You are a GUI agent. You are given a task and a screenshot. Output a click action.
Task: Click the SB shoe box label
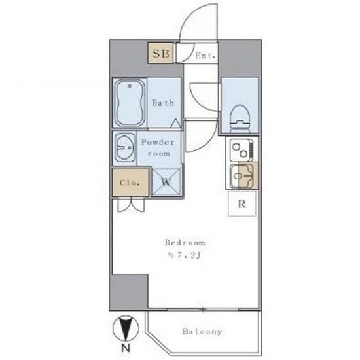[x=161, y=54]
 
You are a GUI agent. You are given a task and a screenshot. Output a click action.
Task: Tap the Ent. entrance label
[x=206, y=56]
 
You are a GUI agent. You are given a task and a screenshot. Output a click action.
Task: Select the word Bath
[x=163, y=103]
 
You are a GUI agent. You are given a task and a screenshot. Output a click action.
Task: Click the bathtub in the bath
[x=130, y=103]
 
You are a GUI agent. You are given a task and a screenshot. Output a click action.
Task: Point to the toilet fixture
[x=240, y=118]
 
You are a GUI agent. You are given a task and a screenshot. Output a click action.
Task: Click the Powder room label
[x=158, y=148]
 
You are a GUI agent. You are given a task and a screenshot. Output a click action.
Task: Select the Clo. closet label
[x=130, y=183]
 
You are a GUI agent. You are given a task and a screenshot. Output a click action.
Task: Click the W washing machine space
[x=166, y=182]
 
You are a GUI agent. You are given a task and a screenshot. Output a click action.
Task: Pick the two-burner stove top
[x=242, y=150]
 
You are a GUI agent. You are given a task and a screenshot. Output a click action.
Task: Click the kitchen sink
[x=242, y=176]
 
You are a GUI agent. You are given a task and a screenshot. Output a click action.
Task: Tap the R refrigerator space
[x=242, y=204]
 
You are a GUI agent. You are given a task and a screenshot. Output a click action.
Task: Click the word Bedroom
[x=185, y=243]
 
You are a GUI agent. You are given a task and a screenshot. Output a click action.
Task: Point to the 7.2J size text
[x=185, y=255]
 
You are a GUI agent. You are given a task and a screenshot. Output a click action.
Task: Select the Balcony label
[x=202, y=332]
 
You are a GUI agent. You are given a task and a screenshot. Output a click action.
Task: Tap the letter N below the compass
[x=126, y=348]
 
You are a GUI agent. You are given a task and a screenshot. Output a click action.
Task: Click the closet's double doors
[x=131, y=205]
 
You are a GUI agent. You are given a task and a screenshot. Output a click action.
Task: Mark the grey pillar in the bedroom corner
[x=129, y=292]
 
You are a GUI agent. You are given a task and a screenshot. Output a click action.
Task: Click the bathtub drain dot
[x=130, y=86]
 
